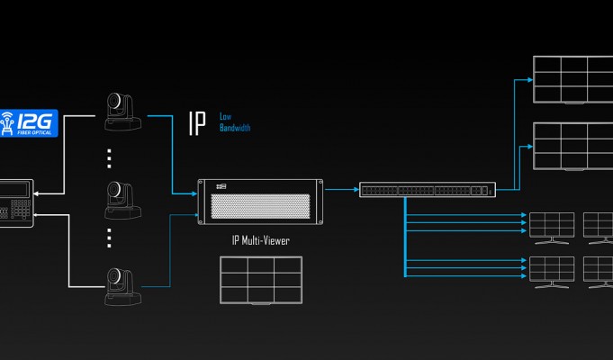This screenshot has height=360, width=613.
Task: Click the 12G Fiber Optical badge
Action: (29, 123)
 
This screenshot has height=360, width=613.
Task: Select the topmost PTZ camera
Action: (122, 112)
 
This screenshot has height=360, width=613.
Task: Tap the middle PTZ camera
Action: (122, 200)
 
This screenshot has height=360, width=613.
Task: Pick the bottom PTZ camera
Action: (122, 286)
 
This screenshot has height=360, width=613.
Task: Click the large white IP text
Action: (197, 123)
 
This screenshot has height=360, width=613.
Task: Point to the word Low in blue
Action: (225, 116)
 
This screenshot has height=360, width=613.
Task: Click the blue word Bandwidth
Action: (235, 128)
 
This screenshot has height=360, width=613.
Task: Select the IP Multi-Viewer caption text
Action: (261, 240)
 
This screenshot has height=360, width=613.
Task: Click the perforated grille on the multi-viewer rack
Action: (260, 206)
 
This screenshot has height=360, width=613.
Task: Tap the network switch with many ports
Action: (428, 190)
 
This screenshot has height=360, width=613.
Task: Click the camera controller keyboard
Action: (16, 203)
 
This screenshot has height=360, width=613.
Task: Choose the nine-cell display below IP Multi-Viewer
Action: (261, 280)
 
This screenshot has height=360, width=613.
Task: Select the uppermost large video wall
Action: (572, 80)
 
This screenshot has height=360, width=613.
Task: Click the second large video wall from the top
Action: (572, 147)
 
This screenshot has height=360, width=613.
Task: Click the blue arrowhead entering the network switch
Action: (356, 190)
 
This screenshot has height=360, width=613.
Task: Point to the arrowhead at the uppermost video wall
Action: (530, 80)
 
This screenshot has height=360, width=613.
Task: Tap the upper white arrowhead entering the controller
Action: (36, 193)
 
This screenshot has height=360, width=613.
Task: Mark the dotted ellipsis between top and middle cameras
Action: (109, 158)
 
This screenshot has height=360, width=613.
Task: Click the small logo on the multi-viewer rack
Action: (221, 187)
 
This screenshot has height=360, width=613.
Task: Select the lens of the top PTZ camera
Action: (113, 101)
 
